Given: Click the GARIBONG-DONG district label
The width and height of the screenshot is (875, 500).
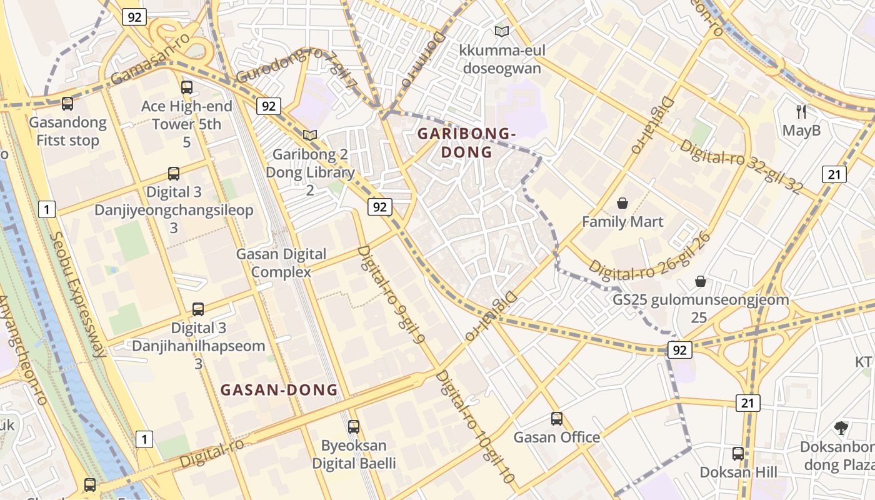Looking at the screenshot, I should coord(466,142).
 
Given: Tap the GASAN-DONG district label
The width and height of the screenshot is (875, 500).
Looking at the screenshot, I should coord(279,390).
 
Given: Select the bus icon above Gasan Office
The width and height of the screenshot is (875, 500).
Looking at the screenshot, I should coord(556,419).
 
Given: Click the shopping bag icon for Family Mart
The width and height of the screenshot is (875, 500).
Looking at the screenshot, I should coord(622,203).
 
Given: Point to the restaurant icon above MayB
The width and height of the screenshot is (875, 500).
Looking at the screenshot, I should coord(801,112).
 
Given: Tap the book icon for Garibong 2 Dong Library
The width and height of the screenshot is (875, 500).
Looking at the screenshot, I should coord(310,135).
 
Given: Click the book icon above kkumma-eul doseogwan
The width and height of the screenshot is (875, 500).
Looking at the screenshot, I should coord(501,31).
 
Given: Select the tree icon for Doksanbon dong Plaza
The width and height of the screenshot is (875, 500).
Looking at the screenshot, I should coord(841,428).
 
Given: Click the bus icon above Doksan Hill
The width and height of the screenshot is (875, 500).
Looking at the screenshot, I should coord(738,453).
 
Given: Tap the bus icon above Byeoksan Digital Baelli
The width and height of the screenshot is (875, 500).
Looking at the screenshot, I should coord(354,427).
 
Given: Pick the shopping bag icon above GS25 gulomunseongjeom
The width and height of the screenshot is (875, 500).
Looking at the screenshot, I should coord(700,281).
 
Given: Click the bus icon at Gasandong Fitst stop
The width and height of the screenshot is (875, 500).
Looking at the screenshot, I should coord(67,104).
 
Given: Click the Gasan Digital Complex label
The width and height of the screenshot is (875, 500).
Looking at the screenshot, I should coord(281,263).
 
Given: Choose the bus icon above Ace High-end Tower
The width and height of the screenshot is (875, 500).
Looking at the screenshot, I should coord(186,87).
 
